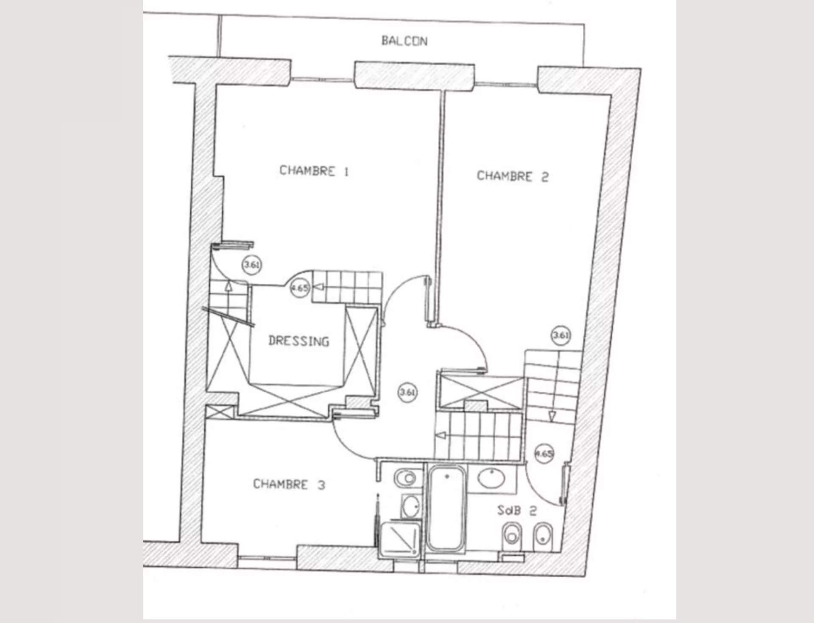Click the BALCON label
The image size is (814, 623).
(404, 41)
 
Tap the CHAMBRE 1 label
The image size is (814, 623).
(314, 171)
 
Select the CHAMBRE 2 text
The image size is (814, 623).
(513, 176)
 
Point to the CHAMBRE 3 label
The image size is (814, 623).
(289, 484)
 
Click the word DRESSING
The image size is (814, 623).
(299, 341)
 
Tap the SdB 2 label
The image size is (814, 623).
(517, 511)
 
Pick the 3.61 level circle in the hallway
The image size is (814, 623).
(407, 392)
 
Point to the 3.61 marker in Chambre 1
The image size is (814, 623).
(251, 265)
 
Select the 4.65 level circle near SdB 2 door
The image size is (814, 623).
(544, 454)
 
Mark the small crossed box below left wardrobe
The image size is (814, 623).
(220, 412)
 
